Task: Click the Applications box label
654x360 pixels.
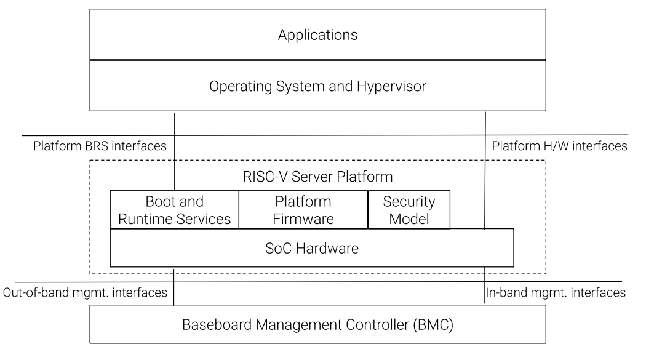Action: (317, 34)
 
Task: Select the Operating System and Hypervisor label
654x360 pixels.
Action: (317, 86)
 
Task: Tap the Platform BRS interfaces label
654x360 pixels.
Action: (100, 146)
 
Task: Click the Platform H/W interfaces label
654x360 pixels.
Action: (559, 146)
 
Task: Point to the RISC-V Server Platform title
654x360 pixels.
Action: (317, 177)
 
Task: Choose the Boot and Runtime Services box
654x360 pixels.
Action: (174, 210)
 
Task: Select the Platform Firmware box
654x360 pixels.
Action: (303, 210)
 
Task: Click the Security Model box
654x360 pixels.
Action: (409, 210)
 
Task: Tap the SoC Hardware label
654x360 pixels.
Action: (311, 249)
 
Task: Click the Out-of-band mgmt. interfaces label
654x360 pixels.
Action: (85, 292)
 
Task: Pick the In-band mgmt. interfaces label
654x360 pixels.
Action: (556, 292)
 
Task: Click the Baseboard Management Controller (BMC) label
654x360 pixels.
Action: (317, 324)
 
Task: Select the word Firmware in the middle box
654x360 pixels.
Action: (303, 218)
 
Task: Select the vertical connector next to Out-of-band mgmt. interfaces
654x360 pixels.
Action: (175, 286)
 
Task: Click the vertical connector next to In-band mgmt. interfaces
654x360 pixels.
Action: (484, 286)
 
